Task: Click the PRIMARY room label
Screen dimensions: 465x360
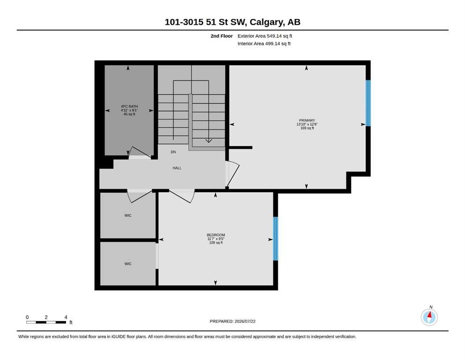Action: (x=307, y=120)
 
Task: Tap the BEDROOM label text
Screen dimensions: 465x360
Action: (x=216, y=235)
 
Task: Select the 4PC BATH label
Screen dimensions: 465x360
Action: (x=129, y=106)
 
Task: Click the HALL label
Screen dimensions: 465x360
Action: (x=177, y=168)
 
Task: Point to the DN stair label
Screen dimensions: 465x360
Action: (x=173, y=152)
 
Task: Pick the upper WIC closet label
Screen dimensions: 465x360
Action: (x=128, y=216)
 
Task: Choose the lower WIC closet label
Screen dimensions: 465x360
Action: (x=128, y=264)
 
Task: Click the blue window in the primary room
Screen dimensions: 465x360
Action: (x=368, y=103)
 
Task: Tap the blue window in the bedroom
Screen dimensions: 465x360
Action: (x=275, y=239)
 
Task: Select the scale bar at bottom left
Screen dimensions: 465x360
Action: (x=46, y=322)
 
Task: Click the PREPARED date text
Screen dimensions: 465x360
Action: (x=232, y=321)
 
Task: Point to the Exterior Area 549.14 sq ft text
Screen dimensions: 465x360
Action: (x=265, y=36)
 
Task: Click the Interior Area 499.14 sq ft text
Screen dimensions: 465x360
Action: (x=264, y=44)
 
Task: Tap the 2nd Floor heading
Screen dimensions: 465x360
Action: (x=221, y=36)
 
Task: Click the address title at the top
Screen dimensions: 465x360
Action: (x=232, y=22)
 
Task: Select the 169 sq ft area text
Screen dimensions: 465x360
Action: (x=307, y=128)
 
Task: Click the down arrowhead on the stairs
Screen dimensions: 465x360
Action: (x=209, y=141)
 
